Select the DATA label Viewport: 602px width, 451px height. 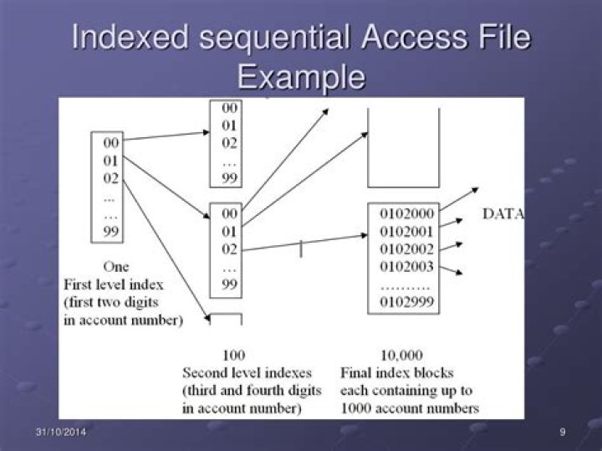coord(503,214)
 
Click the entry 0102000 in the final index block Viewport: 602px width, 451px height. coord(407,213)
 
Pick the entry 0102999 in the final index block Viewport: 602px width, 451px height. coord(407,303)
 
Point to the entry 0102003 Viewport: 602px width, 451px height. coord(407,267)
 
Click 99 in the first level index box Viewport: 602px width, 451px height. coord(111,233)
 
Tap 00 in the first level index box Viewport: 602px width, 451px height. coord(111,143)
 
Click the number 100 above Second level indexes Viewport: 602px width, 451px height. coord(233,356)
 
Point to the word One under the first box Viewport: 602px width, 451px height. coord(115,267)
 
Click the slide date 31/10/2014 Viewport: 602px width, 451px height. coord(61,432)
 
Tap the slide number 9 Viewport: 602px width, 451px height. coord(563,432)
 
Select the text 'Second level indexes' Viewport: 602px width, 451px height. coord(247,373)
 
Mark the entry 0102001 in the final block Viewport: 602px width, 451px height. coord(407,231)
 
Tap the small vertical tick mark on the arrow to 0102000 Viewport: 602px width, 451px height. coord(301,247)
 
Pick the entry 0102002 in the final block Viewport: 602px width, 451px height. coord(407,249)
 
